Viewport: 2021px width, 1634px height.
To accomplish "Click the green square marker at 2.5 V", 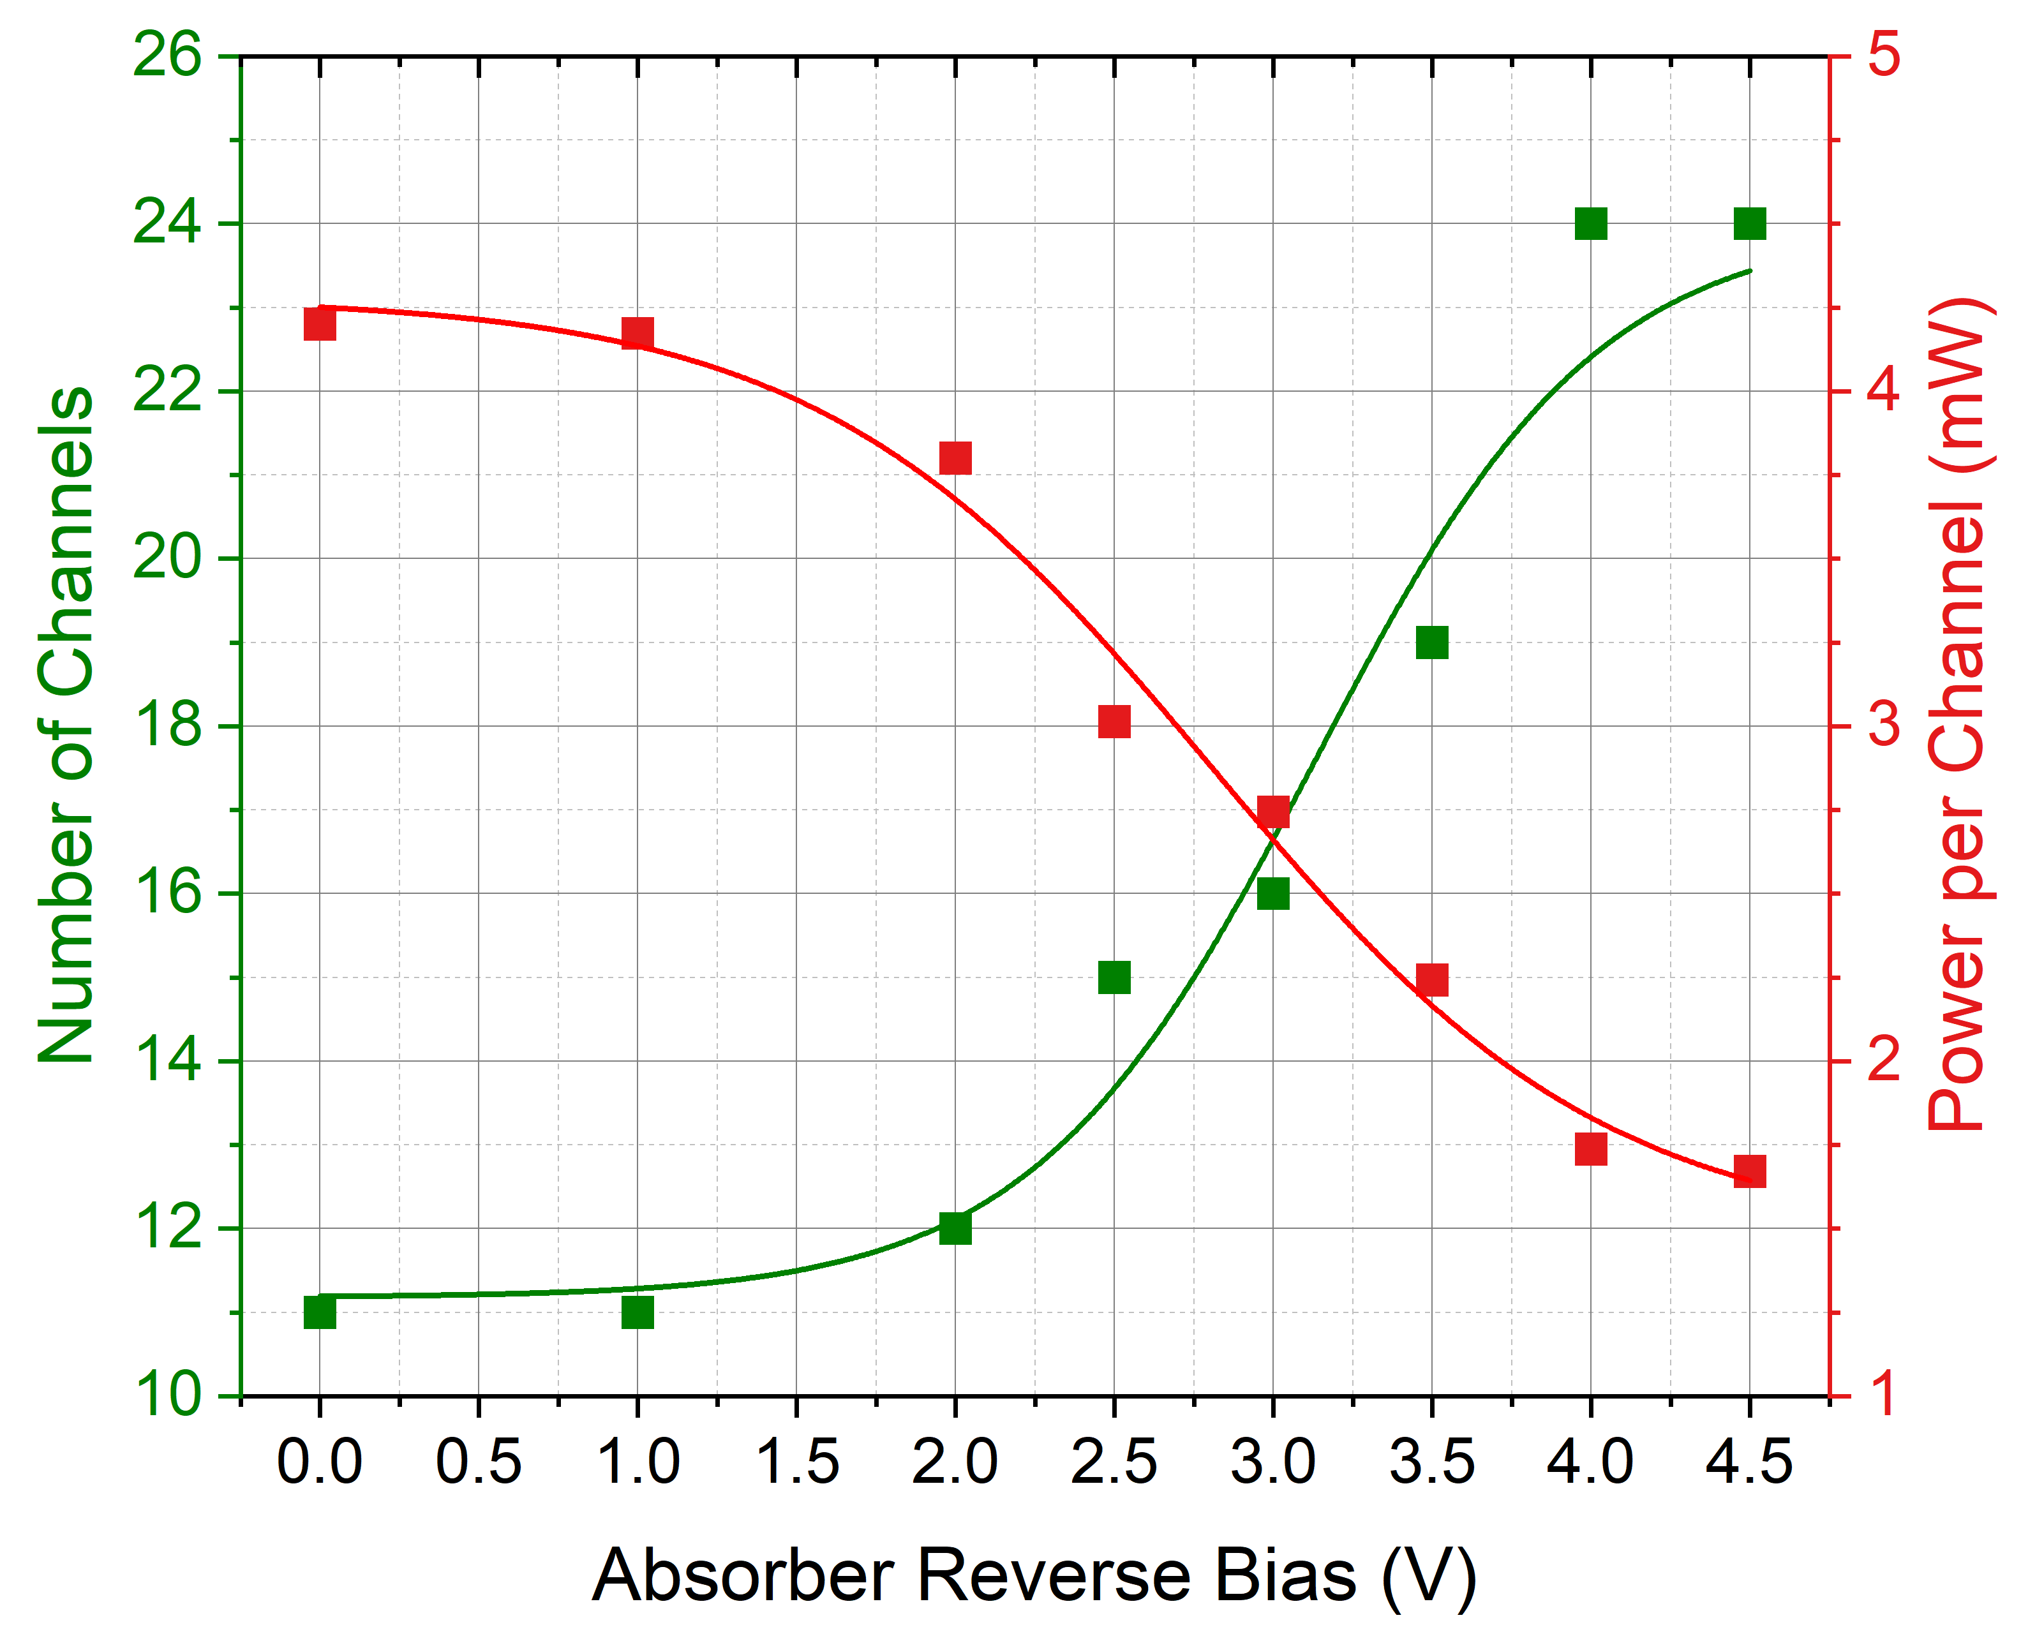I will tap(1114, 978).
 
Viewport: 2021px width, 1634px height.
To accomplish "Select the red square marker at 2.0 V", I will tap(955, 458).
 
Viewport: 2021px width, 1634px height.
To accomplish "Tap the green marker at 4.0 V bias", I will tap(1591, 224).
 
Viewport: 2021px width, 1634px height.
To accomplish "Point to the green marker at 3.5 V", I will tap(1432, 643).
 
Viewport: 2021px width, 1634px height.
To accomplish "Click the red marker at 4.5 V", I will tap(1749, 1172).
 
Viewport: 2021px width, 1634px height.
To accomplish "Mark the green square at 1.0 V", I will tap(638, 1312).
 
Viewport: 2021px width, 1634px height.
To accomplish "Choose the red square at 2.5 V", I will tap(1114, 722).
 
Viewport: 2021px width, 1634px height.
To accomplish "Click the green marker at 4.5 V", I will tap(1749, 224).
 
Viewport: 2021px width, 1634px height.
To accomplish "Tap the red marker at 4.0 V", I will tap(1591, 1149).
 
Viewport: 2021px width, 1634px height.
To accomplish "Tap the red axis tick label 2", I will tap(1884, 1061).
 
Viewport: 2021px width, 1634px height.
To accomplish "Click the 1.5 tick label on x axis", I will tap(796, 1463).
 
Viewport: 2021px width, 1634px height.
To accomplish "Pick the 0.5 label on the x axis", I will tap(478, 1463).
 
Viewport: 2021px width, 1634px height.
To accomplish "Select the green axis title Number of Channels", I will tap(66, 725).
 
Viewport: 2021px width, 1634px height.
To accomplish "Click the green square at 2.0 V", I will tap(955, 1228).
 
